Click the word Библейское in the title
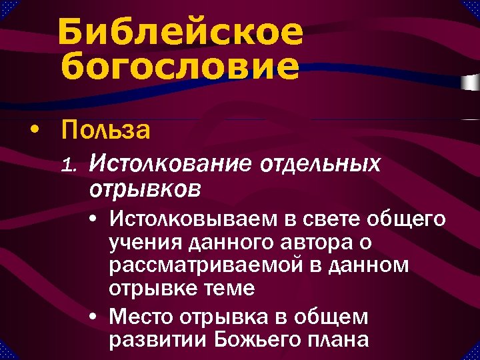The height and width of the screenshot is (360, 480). tap(180, 33)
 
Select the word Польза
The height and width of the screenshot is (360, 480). tap(105, 129)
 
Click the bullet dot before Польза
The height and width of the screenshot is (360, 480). tap(34, 129)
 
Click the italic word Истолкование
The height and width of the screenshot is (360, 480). tap(171, 163)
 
